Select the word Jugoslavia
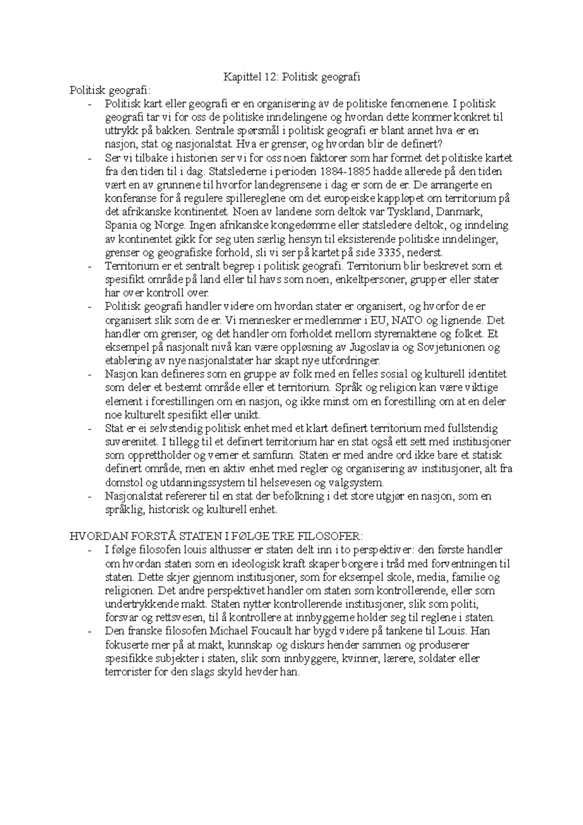point(381,347)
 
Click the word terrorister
point(128,673)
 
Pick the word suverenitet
point(131,442)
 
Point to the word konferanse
point(130,199)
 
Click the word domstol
point(121,483)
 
